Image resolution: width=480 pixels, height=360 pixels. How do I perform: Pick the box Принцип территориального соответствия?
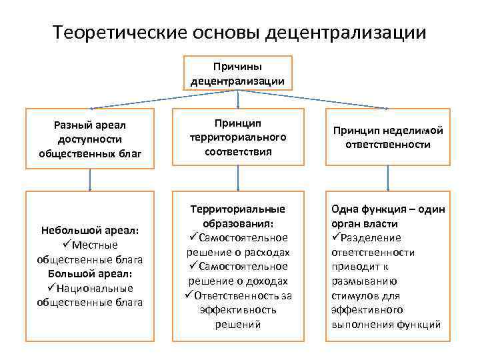tap(238, 137)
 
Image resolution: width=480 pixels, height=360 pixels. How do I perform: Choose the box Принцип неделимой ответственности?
tap(387, 137)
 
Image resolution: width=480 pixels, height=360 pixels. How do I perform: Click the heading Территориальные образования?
tap(238, 215)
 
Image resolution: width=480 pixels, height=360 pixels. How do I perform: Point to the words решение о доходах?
tap(238, 281)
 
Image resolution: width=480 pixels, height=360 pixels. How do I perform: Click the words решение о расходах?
tap(238, 252)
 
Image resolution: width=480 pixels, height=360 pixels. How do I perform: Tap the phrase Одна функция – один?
tap(387, 209)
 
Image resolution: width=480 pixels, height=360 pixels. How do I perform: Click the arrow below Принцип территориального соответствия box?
tap(238, 178)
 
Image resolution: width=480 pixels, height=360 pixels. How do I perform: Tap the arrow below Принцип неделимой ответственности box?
tap(387, 178)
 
